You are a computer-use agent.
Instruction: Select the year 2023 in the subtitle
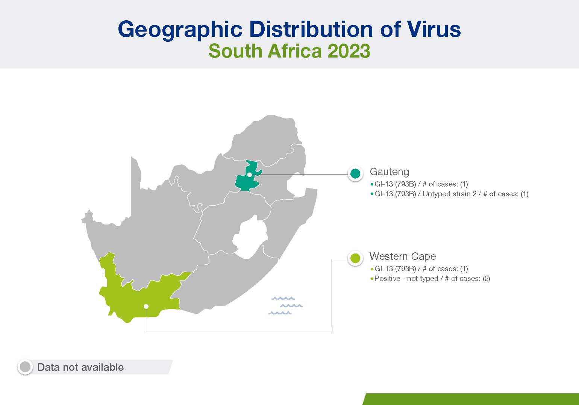point(349,51)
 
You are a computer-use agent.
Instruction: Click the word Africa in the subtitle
point(295,51)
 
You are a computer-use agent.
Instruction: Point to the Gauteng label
point(389,172)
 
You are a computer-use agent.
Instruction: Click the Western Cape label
point(403,256)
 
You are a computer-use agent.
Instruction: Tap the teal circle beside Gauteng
point(355,173)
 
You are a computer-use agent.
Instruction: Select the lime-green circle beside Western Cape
point(355,258)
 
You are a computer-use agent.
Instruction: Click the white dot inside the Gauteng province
point(249,175)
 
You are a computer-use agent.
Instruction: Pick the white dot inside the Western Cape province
point(146,306)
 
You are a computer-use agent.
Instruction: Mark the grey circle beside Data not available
point(25,367)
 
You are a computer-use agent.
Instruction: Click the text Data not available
point(80,367)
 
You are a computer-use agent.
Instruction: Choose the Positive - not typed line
point(430,279)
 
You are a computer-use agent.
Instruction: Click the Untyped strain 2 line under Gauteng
point(450,194)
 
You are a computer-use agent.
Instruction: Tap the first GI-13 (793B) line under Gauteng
point(419,184)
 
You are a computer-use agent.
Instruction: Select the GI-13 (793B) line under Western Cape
point(419,269)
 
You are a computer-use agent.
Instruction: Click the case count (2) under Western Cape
point(487,279)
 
